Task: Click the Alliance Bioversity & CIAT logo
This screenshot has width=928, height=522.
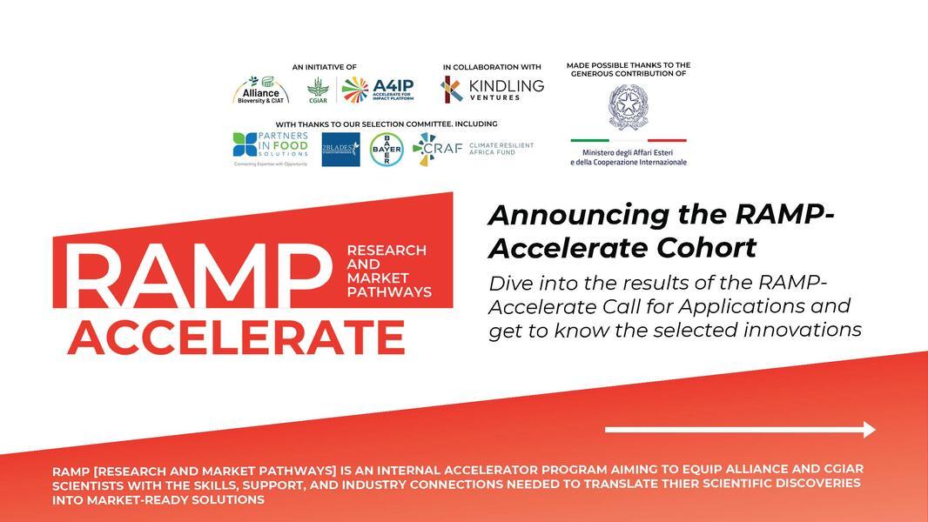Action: click(260, 90)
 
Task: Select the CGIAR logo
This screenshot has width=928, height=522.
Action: click(318, 90)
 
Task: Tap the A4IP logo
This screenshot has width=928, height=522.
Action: click(377, 89)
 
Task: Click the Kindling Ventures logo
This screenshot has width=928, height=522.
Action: click(492, 89)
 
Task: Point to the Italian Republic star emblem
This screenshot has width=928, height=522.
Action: click(628, 107)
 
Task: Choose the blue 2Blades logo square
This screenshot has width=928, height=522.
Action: click(340, 149)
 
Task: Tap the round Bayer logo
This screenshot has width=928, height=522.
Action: click(386, 149)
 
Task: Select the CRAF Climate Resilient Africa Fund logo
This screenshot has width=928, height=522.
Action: click(473, 149)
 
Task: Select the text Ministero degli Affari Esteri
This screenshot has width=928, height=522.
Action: click(628, 151)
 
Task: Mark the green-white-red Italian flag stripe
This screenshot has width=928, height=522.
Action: click(628, 140)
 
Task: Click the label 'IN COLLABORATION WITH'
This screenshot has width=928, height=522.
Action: click(492, 67)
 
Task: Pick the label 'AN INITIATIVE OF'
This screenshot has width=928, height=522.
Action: click(324, 67)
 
